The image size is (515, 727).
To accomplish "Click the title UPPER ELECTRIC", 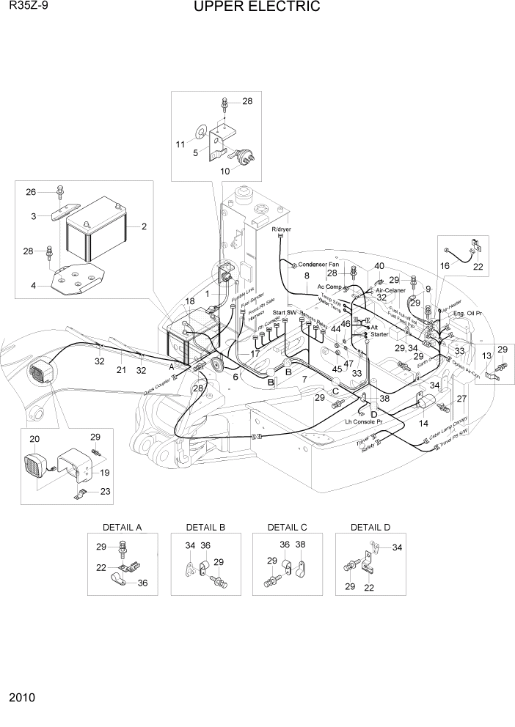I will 257,7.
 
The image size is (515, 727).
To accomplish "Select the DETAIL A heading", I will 122,527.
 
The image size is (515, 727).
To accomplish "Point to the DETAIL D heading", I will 370,527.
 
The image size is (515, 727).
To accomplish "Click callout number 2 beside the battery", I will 144,226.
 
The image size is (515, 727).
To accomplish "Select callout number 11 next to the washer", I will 180,144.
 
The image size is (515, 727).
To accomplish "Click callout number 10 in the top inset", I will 225,171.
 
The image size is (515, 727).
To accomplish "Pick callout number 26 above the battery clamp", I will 30,193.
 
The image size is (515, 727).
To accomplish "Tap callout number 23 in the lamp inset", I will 106,492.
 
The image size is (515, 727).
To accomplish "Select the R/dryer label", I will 282,229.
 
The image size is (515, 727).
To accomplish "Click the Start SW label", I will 284,313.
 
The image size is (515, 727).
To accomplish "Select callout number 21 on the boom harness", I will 122,369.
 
